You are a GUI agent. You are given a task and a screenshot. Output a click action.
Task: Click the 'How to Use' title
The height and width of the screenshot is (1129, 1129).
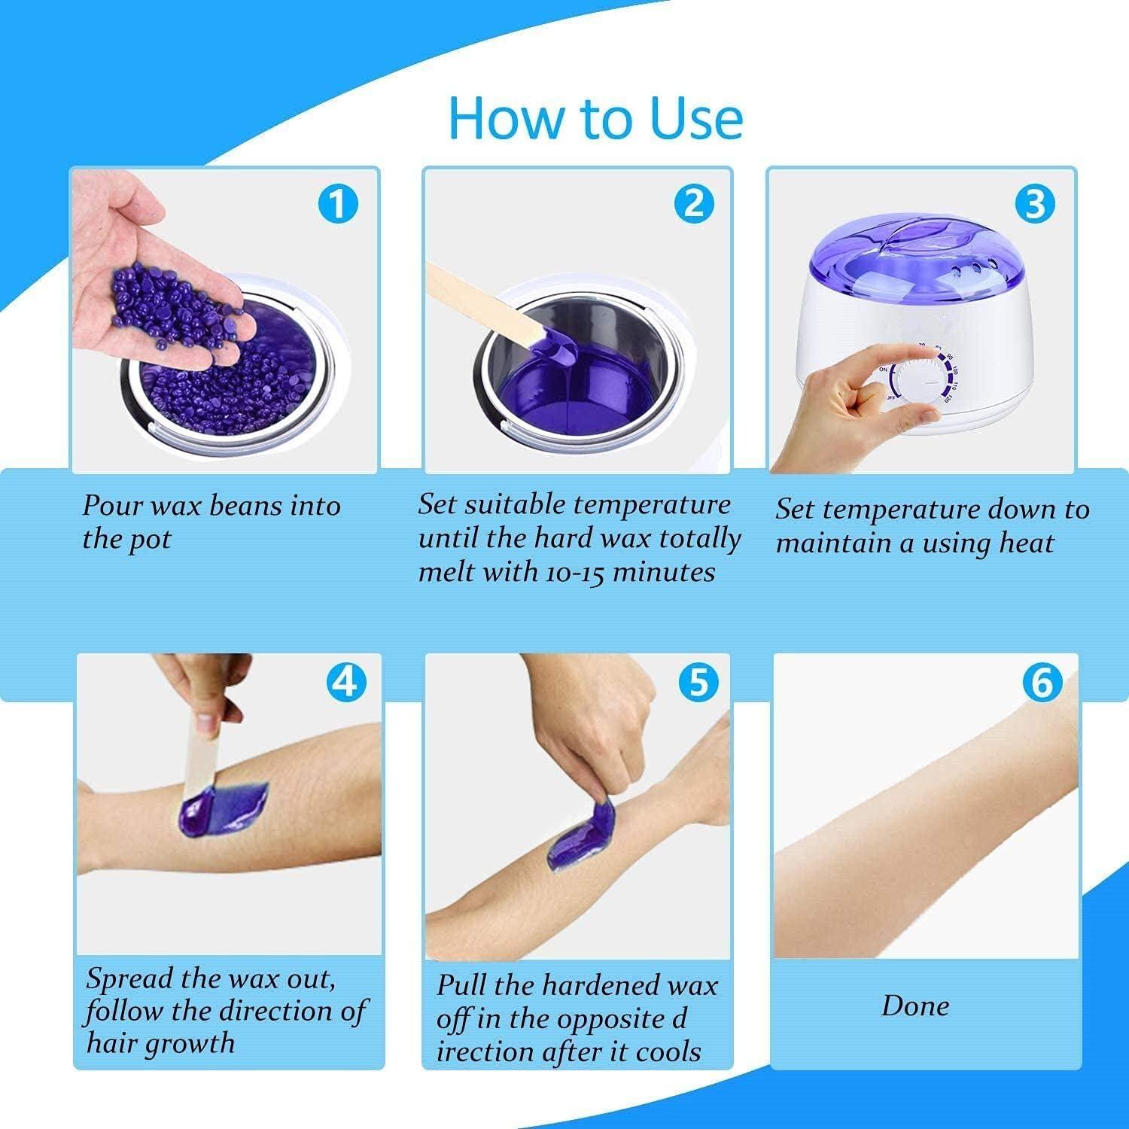click(x=595, y=118)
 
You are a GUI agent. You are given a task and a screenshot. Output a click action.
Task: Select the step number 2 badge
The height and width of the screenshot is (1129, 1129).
click(x=693, y=203)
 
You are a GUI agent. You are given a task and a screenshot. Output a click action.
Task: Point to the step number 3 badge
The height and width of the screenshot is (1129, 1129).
click(x=1035, y=203)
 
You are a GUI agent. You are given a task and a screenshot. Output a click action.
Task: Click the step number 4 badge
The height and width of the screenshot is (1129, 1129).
click(x=346, y=682)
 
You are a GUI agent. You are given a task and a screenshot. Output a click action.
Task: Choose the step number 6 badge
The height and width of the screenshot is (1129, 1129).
click(x=1042, y=682)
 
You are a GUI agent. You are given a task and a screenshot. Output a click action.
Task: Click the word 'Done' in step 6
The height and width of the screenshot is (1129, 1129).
click(x=915, y=1006)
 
